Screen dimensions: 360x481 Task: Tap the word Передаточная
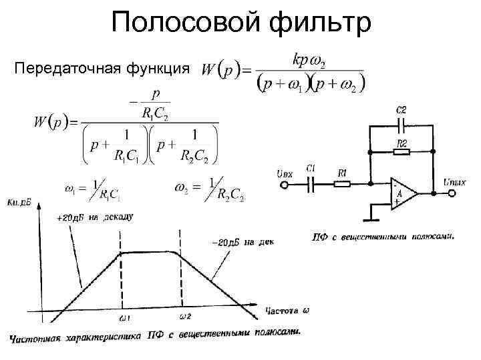(x=59, y=69)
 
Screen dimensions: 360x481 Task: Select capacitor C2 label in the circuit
(x=402, y=109)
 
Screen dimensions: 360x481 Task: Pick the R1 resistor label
(x=342, y=173)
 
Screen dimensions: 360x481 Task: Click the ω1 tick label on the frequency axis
(x=125, y=318)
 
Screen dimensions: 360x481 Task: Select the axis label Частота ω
(x=287, y=311)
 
